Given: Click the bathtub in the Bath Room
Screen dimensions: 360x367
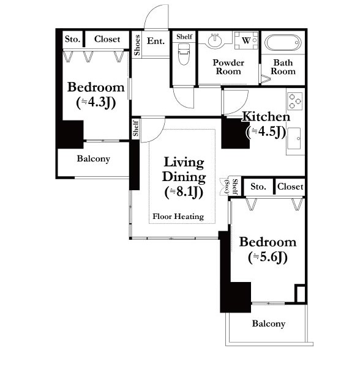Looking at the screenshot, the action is pyautogui.click(x=283, y=43).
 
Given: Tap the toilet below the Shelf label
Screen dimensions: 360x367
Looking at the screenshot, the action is pyautogui.click(x=183, y=54).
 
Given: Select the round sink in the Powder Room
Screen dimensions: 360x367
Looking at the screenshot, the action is pyautogui.click(x=215, y=40).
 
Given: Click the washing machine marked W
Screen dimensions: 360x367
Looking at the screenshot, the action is pyautogui.click(x=246, y=40).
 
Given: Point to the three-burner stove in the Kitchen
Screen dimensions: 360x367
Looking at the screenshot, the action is pyautogui.click(x=294, y=101).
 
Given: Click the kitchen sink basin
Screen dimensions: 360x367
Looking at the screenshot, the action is pyautogui.click(x=294, y=138).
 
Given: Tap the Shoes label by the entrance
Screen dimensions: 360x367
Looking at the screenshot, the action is pyautogui.click(x=137, y=45).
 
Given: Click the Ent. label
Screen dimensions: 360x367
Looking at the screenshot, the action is pyautogui.click(x=156, y=41).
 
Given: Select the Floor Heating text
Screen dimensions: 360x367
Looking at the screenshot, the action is pyautogui.click(x=178, y=217).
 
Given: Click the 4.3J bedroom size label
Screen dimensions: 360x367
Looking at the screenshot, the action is pyautogui.click(x=96, y=103).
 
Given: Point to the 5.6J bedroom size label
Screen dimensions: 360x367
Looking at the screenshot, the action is pyautogui.click(x=268, y=258).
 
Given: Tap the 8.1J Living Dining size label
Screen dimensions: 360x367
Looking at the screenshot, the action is pyautogui.click(x=184, y=192).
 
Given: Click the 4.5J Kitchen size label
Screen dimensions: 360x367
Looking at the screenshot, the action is pyautogui.click(x=266, y=132).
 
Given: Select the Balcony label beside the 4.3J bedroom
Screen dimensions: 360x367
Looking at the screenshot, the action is pyautogui.click(x=94, y=158).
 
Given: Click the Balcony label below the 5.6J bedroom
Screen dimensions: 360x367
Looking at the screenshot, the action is pyautogui.click(x=269, y=324).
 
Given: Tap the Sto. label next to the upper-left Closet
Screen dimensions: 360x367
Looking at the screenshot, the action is pyautogui.click(x=72, y=39).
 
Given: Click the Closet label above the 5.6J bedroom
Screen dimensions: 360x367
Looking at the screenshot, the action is pyautogui.click(x=290, y=187).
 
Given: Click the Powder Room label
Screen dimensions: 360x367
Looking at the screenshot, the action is pyautogui.click(x=228, y=67).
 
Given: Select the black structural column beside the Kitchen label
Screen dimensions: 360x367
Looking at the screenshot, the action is pyautogui.click(x=235, y=133).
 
